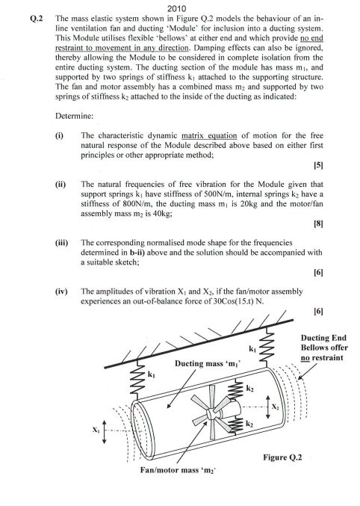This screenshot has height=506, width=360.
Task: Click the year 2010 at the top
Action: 180,8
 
